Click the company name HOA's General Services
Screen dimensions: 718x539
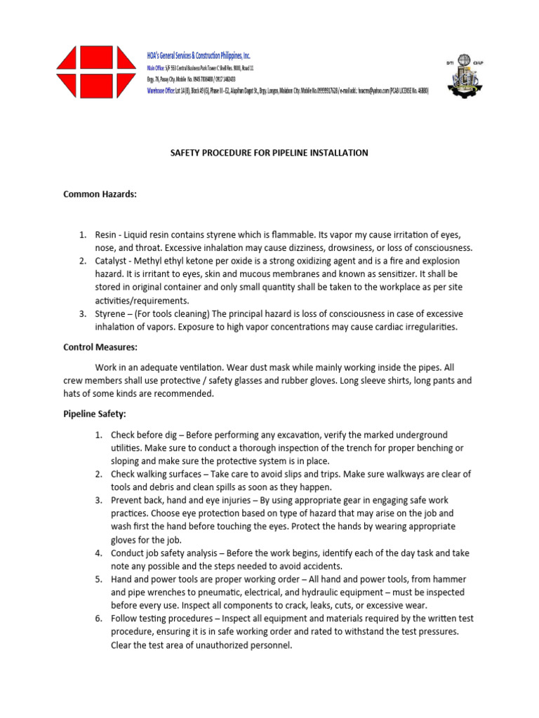coord(198,55)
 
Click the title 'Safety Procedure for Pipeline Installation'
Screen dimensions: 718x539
coord(269,153)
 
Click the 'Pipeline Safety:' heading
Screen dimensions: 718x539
coord(94,414)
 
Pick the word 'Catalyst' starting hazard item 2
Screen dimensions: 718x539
coord(127,261)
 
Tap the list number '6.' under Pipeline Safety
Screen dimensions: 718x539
coord(100,618)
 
